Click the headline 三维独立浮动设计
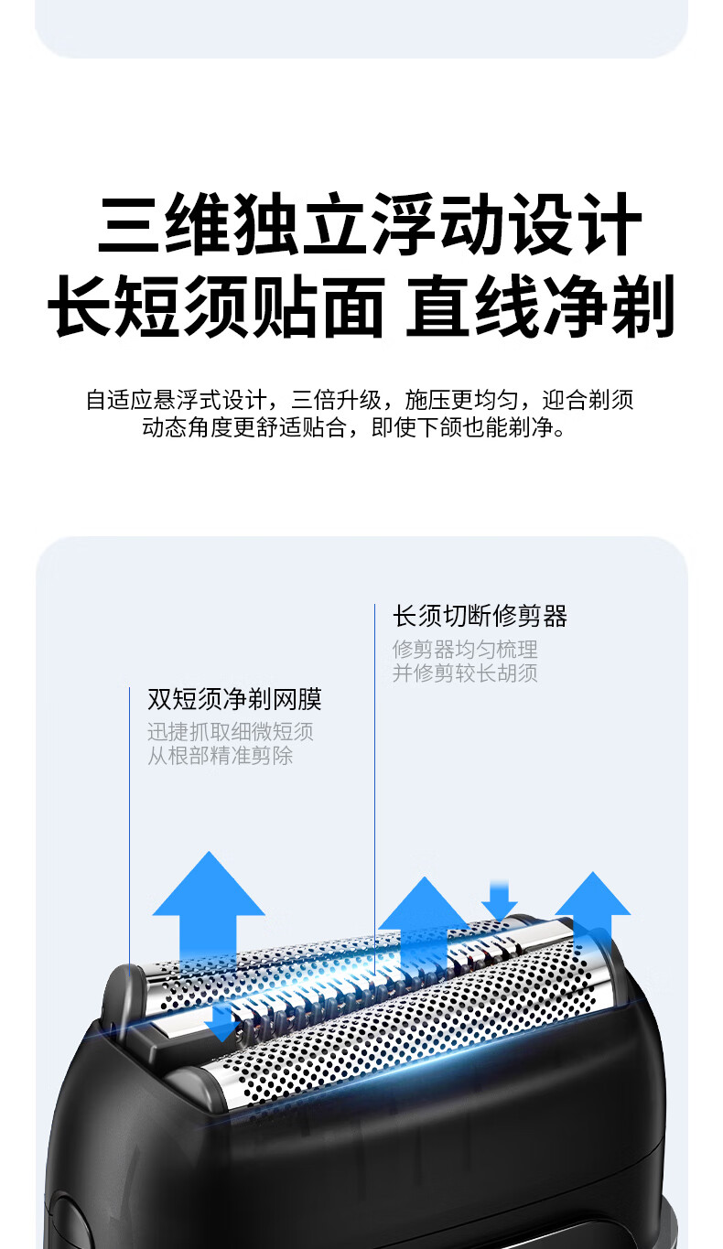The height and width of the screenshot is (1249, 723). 371,223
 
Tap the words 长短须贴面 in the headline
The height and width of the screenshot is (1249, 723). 216,306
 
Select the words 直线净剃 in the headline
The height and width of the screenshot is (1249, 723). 540,306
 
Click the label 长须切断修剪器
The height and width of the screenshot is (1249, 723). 480,616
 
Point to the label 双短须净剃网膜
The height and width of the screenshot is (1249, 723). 234,700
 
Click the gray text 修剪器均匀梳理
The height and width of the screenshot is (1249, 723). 465,650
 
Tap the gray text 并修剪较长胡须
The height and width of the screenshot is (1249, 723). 465,673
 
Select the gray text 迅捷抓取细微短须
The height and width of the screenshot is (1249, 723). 231,732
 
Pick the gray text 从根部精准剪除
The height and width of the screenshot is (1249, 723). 221,756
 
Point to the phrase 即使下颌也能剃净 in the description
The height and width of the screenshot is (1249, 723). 468,427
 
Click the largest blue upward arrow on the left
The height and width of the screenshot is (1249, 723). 209,905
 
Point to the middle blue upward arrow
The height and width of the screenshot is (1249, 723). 423,920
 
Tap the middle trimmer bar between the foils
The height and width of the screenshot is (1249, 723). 366,993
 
